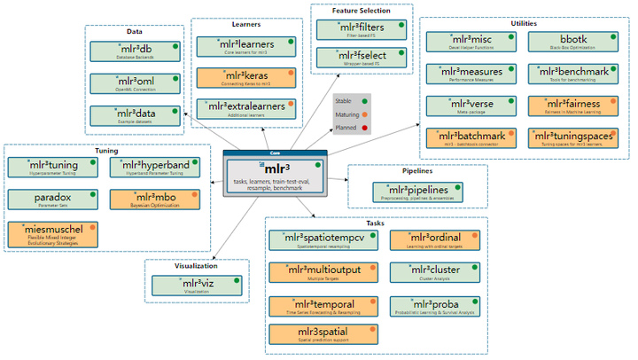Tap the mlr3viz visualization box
pos(196,286)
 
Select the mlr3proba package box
pos(434,307)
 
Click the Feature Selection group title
pos(362,11)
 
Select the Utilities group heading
pos(524,23)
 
